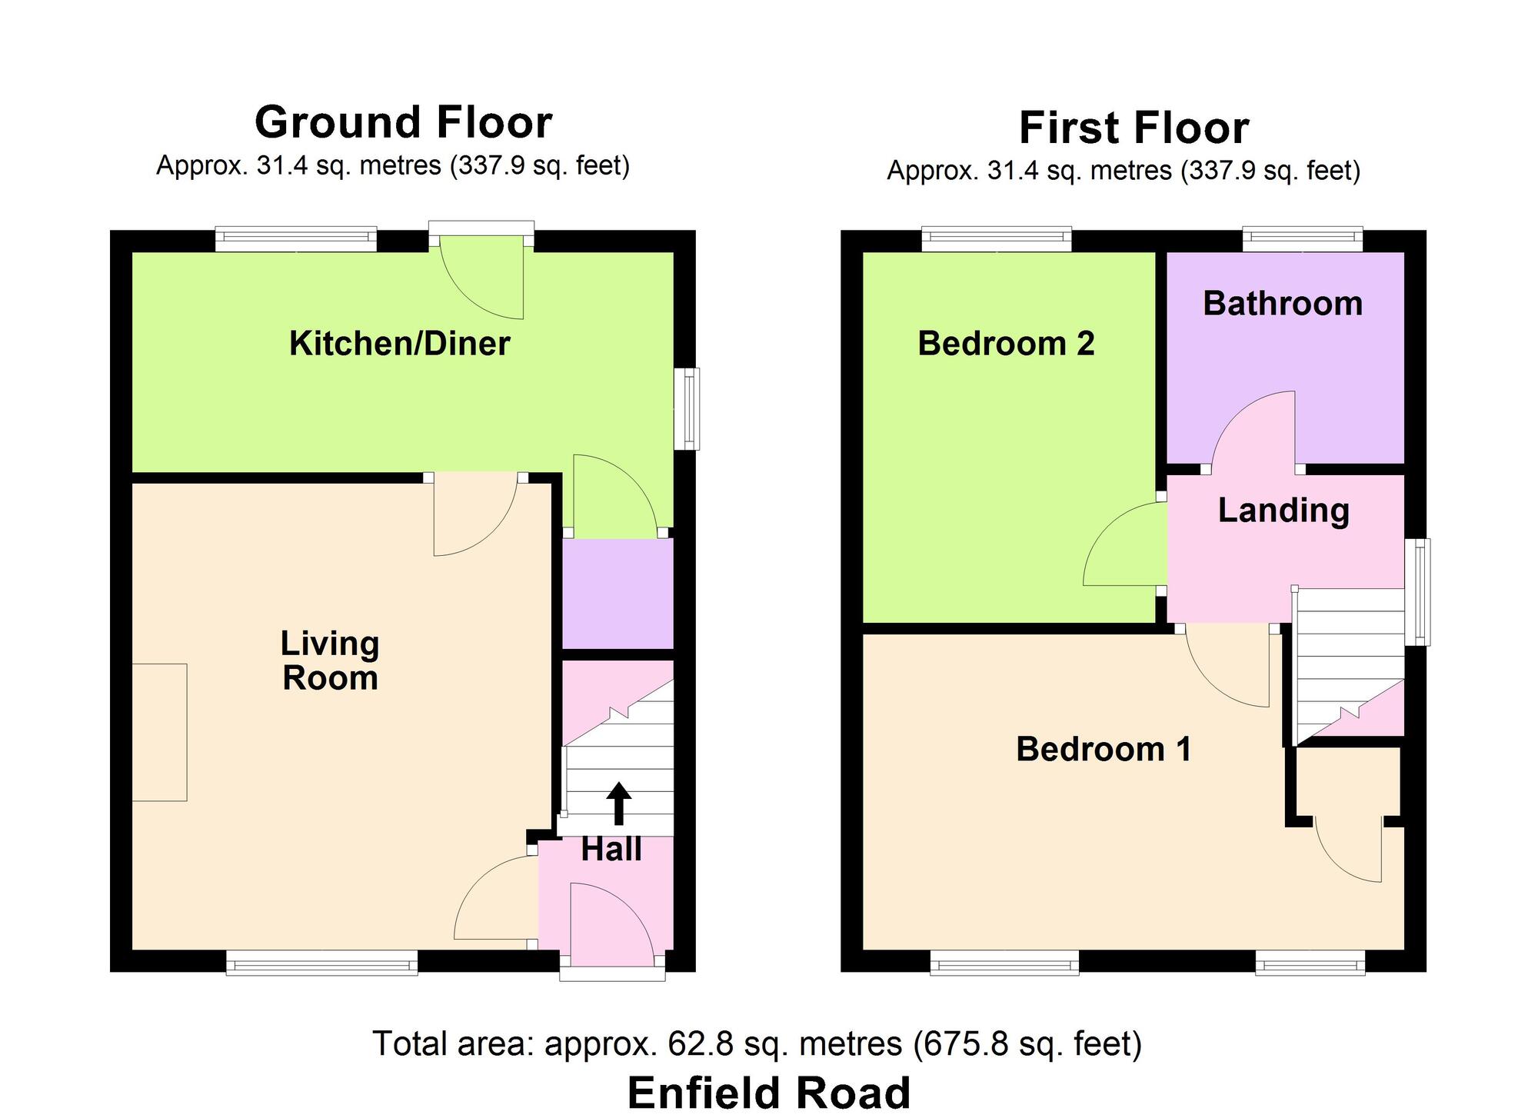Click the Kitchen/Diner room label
point(399,344)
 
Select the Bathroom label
point(1282,304)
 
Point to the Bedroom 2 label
point(1006,344)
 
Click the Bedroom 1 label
point(1104,749)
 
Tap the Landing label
point(1283,511)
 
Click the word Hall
point(611,850)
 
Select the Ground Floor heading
point(403,122)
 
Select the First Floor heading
point(1134,128)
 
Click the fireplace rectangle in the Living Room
point(159,732)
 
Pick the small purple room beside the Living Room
point(618,593)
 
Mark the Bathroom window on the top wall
point(1303,239)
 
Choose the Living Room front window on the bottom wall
point(321,963)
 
